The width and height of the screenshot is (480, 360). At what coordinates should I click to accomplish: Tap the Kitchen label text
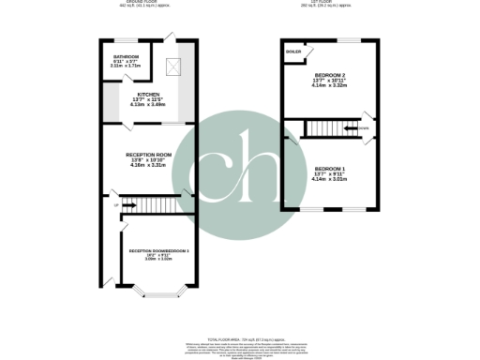click(x=148, y=95)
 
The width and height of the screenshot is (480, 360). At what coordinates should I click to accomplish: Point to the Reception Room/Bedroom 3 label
click(x=158, y=250)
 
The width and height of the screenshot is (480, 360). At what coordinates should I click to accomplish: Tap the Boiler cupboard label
click(x=293, y=50)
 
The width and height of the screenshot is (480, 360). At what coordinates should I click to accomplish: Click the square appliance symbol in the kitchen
click(x=172, y=67)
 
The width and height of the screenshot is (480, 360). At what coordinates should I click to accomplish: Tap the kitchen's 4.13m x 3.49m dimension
click(x=148, y=106)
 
